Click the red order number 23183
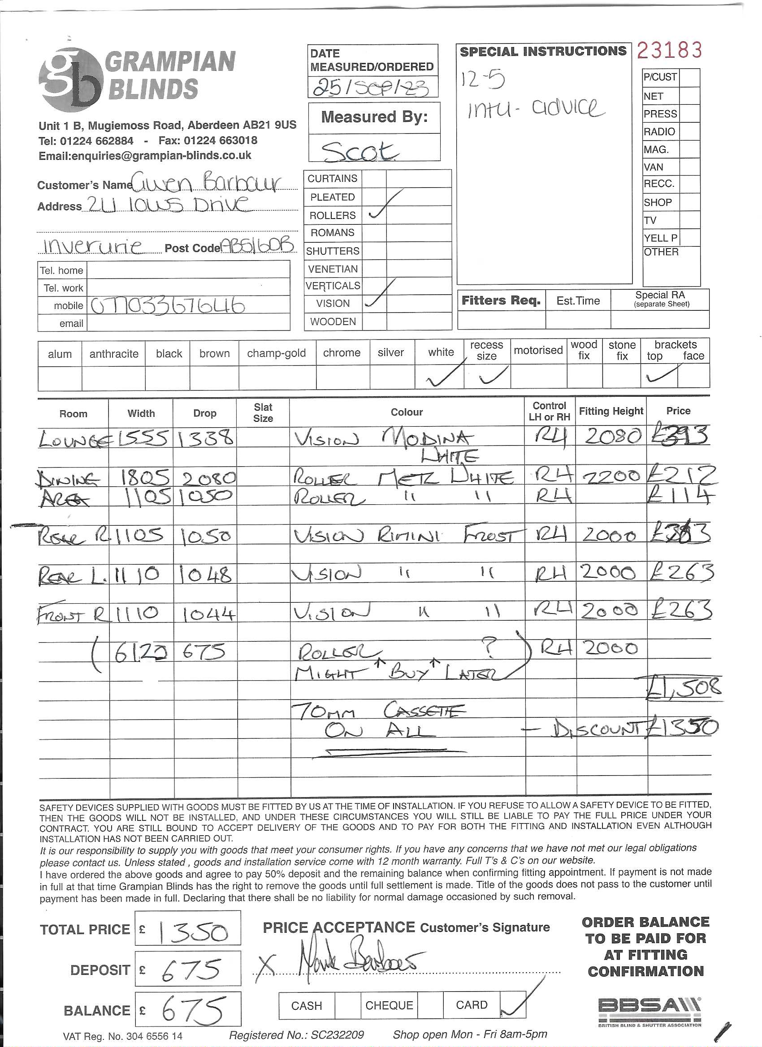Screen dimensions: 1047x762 pos(669,50)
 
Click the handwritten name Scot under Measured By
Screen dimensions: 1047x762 pos(359,150)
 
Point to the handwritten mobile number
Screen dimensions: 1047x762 pos(167,306)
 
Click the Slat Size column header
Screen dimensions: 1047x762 pos(263,412)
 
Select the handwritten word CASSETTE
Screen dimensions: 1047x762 pos(424,710)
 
